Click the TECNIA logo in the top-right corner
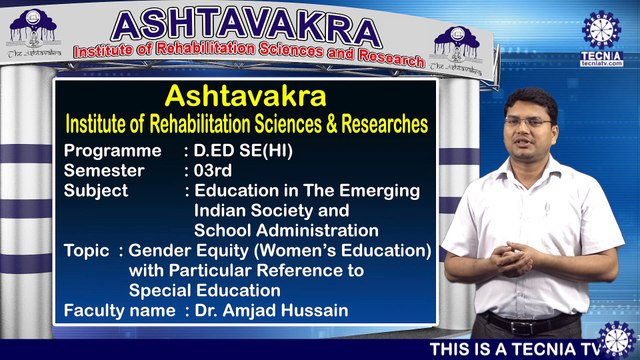603,38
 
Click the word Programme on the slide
112,151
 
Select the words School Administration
286,230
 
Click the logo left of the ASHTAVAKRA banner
35,37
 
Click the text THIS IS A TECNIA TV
514,350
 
